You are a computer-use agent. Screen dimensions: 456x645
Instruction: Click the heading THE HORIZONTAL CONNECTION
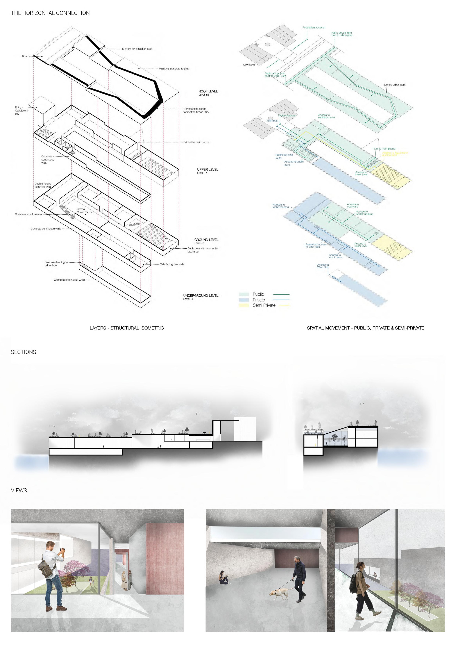50,13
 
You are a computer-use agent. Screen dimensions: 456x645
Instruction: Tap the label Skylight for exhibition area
137,49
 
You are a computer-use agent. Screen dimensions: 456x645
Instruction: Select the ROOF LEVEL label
208,92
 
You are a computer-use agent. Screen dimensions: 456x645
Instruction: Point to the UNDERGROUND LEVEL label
201,295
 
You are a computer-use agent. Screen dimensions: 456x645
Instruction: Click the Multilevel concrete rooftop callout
174,69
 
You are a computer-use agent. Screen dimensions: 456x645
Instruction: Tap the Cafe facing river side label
172,264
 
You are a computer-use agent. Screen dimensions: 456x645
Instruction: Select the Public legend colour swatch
244,294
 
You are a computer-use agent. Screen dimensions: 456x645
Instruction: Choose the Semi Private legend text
264,305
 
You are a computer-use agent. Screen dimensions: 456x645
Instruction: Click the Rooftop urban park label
394,85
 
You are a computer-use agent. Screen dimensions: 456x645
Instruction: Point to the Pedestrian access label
313,28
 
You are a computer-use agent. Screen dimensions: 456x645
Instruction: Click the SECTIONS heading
24,352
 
